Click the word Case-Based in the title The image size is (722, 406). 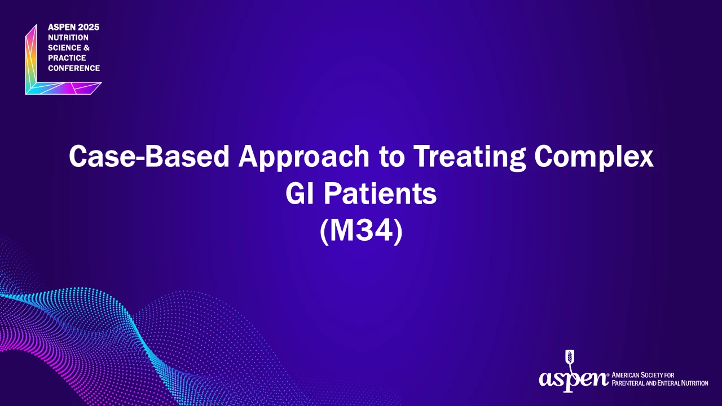coord(149,156)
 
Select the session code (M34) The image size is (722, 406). coord(361,231)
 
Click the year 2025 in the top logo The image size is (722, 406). coord(89,28)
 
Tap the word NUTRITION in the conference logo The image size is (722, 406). coord(68,38)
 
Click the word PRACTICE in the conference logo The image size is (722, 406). coord(67,58)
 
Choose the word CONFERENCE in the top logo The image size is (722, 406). coord(74,68)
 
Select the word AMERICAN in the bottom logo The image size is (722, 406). coord(626,376)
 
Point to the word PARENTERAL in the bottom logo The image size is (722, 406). coord(628,383)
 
